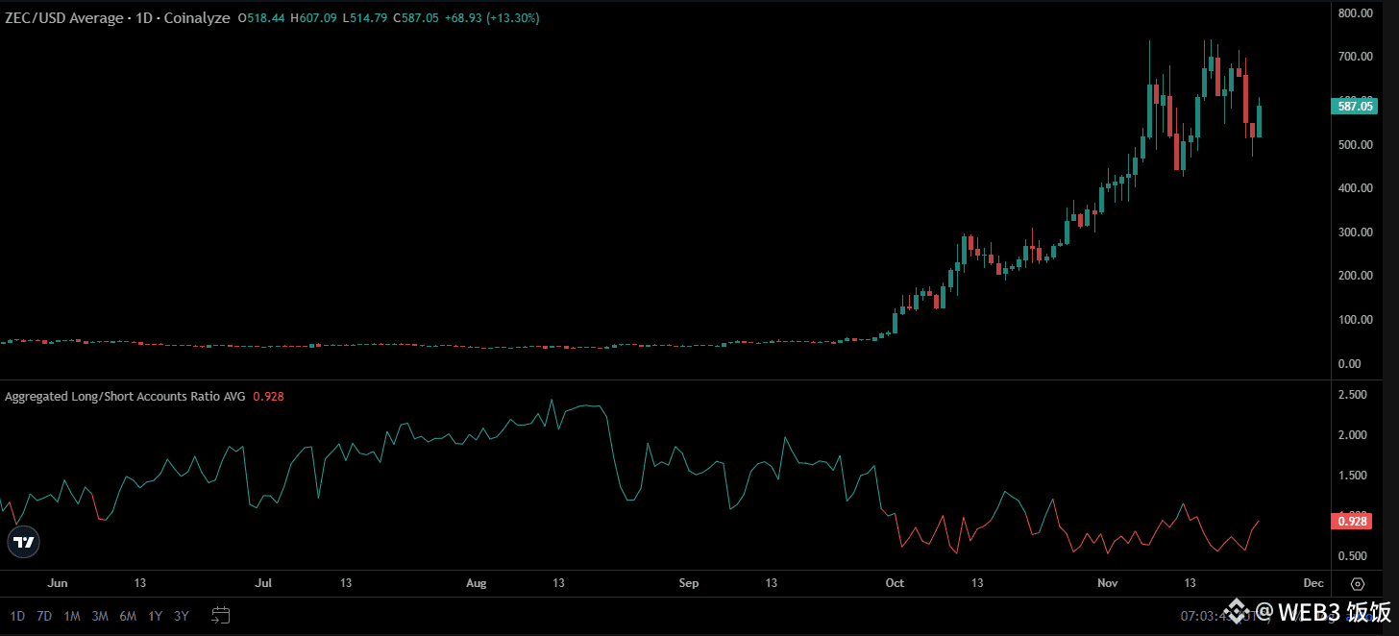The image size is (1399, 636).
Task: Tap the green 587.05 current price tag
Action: tap(1355, 106)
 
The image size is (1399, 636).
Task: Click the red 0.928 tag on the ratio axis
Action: tap(1355, 521)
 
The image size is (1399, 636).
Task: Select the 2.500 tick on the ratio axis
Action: tap(1353, 395)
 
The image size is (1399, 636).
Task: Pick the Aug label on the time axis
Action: tap(477, 583)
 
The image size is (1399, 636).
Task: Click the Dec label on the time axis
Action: tap(1313, 583)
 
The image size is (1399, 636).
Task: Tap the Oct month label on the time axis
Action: tap(895, 583)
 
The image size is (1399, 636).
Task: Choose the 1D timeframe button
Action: tap(17, 616)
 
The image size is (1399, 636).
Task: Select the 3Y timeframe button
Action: tap(182, 616)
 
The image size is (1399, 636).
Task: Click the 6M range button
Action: tap(128, 616)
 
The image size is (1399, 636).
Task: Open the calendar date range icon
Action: tap(221, 615)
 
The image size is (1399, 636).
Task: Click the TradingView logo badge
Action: tap(24, 542)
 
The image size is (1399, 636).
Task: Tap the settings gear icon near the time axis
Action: tap(1357, 583)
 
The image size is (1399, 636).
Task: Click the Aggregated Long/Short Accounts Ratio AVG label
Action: tap(125, 396)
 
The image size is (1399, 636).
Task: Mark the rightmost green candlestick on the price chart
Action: tap(1260, 120)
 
